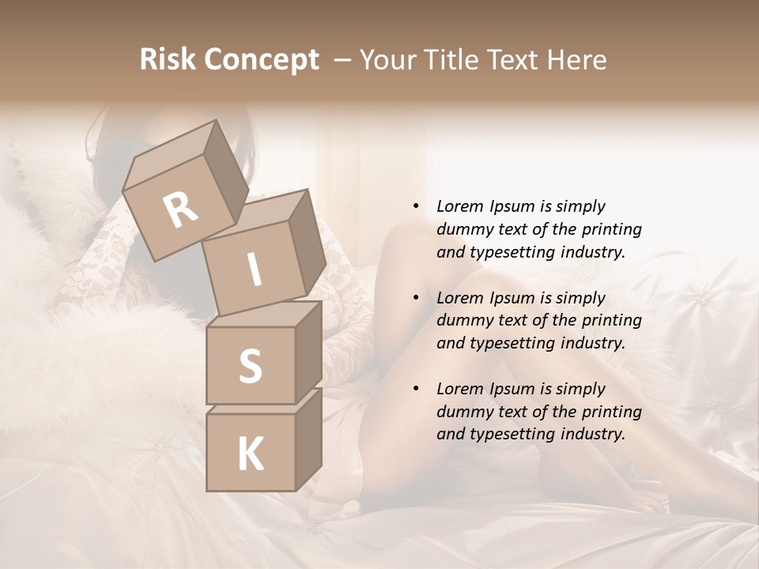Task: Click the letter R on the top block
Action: pos(180,209)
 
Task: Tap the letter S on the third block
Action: pos(250,366)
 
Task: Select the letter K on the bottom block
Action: pos(250,454)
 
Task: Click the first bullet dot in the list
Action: pos(416,206)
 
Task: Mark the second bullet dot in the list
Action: pos(416,298)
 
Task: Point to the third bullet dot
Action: pos(416,389)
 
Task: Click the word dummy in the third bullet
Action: pos(462,412)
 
